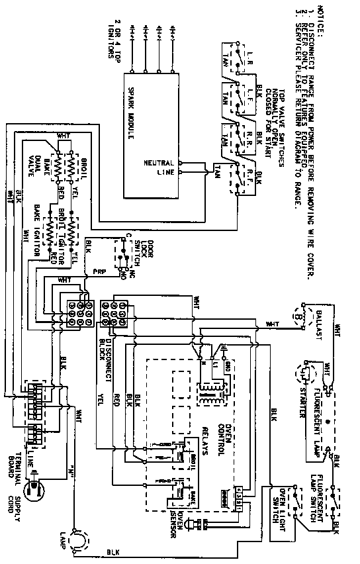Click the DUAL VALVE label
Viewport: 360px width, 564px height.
click(x=34, y=164)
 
